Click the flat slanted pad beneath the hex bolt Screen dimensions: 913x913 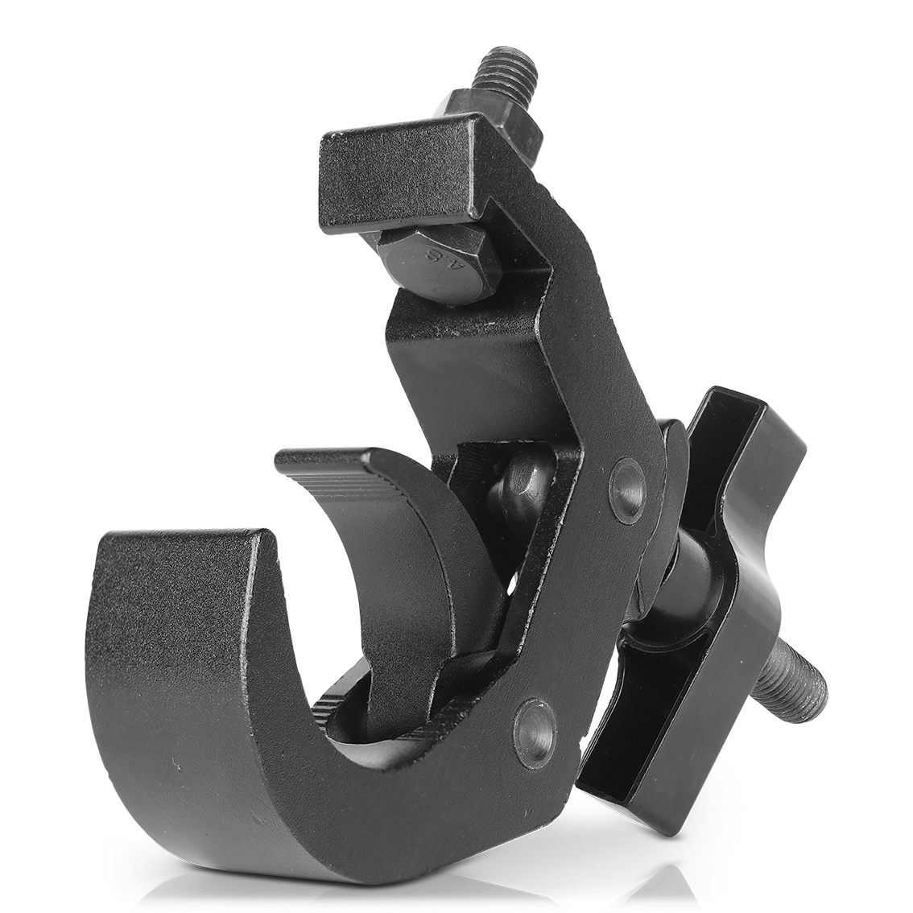[459, 354]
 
